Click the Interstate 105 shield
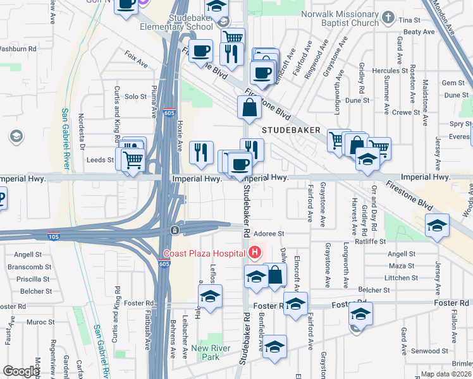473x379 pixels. [54, 237]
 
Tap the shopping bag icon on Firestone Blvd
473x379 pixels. [250, 109]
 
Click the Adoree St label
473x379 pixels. [271, 234]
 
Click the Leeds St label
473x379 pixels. [100, 160]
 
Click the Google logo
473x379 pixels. [21, 371]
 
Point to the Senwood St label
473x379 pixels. [429, 351]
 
